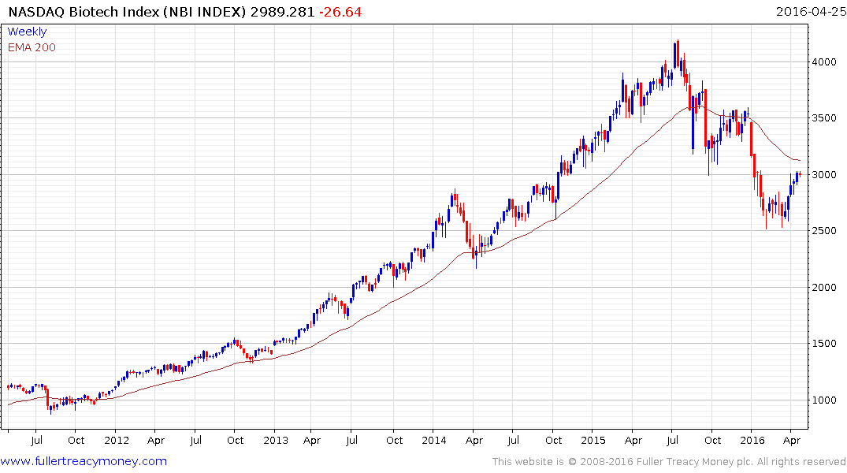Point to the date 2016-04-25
809,12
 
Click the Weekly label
27,32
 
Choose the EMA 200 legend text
32,47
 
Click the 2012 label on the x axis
116,440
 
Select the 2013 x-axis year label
276,440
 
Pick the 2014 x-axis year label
434,440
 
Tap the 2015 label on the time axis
593,440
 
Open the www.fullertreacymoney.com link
84,461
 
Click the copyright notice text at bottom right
669,461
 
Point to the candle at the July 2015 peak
675,54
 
